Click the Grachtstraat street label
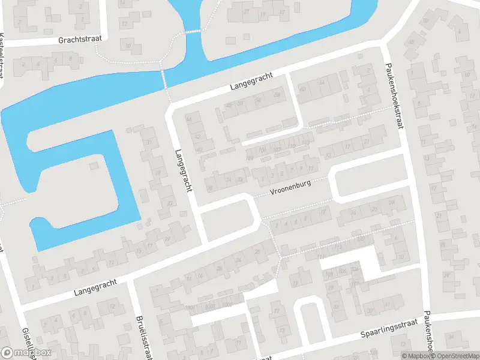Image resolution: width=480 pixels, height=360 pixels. click(x=80, y=39)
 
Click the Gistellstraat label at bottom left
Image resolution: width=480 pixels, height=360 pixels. click(x=26, y=340)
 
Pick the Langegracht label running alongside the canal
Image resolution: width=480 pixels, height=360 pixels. click(x=251, y=82)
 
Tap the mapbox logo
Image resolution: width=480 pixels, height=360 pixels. click(x=26, y=353)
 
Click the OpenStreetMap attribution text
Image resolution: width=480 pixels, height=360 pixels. click(x=453, y=356)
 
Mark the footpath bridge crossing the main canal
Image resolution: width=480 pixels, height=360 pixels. click(x=163, y=79)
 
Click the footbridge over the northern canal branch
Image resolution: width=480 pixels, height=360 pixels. click(x=193, y=30)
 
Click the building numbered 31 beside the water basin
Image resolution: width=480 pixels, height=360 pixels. click(x=149, y=142)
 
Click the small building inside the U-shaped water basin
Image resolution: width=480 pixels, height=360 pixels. click(x=93, y=164)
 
